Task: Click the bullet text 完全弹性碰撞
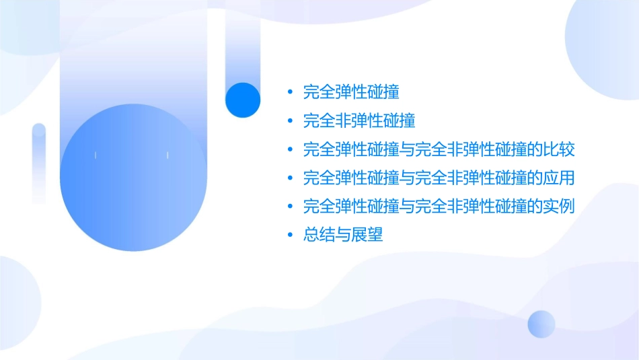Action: click(352, 92)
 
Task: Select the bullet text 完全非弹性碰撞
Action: click(359, 120)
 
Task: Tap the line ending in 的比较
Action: click(439, 149)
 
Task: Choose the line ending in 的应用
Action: click(439, 178)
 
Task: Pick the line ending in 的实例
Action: click(439, 207)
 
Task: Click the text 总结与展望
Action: click(343, 236)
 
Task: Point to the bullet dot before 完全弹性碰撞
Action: click(290, 92)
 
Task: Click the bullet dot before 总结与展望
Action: click(290, 236)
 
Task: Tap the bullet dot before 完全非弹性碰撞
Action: click(290, 121)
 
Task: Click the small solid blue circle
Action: click(243, 100)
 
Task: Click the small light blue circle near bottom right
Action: click(541, 324)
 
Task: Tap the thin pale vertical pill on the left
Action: click(39, 163)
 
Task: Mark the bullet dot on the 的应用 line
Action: click(290, 178)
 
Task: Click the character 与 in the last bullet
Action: click(343, 236)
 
